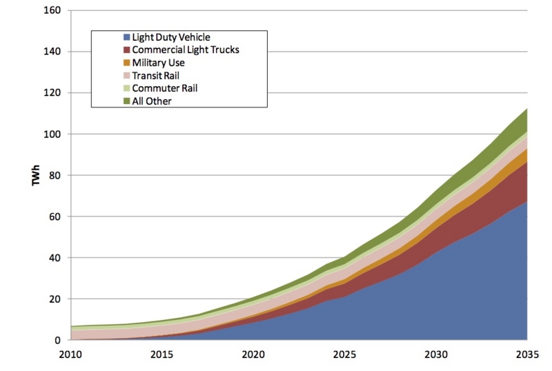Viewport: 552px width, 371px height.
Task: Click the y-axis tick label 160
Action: (x=52, y=10)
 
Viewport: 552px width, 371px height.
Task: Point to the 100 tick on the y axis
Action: (x=52, y=134)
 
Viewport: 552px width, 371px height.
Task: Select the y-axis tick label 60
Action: (x=55, y=217)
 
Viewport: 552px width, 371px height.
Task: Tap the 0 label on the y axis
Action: (x=58, y=341)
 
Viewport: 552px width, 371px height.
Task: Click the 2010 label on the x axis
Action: (x=71, y=354)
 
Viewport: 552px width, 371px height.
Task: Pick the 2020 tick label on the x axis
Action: (x=253, y=354)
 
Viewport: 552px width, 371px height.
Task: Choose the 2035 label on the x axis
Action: (x=527, y=354)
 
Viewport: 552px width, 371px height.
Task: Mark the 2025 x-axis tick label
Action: (x=344, y=354)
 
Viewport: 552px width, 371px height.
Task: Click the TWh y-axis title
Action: (x=36, y=175)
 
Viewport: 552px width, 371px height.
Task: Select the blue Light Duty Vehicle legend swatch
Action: (x=127, y=37)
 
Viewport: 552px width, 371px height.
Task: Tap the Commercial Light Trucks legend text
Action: (x=186, y=50)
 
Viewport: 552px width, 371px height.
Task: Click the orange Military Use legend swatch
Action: (x=127, y=63)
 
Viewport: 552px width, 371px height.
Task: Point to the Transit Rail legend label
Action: (x=156, y=76)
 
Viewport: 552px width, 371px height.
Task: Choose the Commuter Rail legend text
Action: (x=165, y=88)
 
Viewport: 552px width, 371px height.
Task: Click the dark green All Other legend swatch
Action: (x=127, y=101)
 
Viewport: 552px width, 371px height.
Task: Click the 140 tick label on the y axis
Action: (x=52, y=52)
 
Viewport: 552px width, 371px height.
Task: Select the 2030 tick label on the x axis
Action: (x=436, y=354)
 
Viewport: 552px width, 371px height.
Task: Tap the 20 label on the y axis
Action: (x=55, y=299)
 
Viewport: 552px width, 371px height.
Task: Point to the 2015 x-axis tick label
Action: (x=162, y=354)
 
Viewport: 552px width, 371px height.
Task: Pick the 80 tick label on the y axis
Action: (x=55, y=175)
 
